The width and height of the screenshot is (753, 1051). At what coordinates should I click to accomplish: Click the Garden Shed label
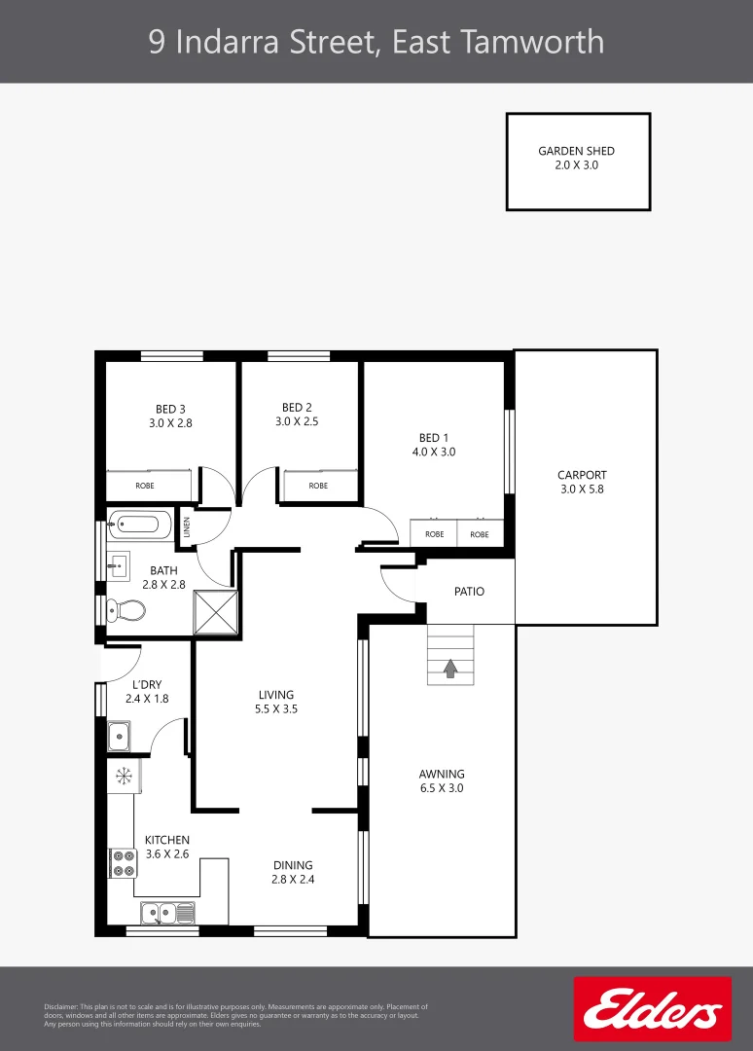(577, 158)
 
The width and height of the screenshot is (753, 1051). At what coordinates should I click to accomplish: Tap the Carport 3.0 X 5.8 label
(582, 483)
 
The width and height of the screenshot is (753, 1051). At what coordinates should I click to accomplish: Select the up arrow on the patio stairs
(450, 669)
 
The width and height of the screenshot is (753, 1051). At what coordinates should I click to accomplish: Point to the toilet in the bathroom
(126, 610)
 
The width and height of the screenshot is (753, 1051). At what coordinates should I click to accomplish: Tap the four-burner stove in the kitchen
(124, 863)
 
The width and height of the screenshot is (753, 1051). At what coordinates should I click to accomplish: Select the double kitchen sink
(167, 913)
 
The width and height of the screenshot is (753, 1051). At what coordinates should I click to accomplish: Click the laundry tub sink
(120, 737)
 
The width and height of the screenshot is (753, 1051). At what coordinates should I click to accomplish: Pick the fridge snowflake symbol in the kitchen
(124, 776)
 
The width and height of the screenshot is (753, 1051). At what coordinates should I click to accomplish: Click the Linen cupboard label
(188, 528)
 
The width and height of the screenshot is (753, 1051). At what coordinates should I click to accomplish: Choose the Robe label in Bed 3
(145, 486)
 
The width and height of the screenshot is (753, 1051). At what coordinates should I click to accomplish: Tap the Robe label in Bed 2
(318, 486)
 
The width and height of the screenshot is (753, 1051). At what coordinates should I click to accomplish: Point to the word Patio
(469, 592)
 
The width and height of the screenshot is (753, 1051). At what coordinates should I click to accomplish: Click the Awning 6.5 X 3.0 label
(441, 781)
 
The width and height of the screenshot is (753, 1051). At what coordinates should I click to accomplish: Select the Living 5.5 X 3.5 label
(276, 702)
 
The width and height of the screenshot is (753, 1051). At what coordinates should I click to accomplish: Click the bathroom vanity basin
(119, 564)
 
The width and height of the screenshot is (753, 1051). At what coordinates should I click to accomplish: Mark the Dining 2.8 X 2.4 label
(293, 872)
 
